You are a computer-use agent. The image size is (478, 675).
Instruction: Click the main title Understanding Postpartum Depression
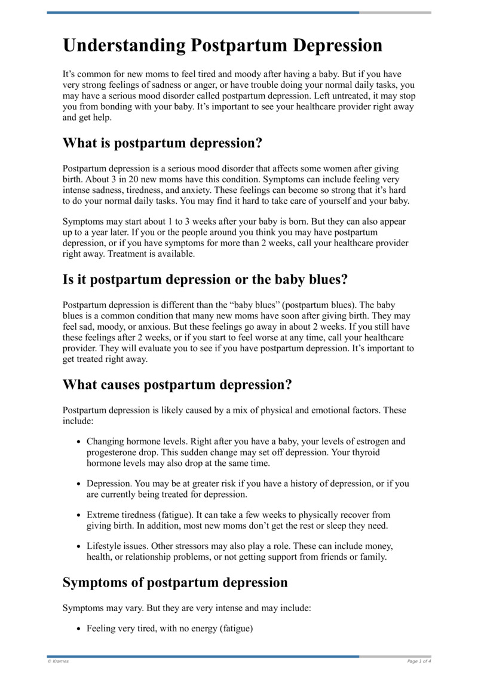coord(222,46)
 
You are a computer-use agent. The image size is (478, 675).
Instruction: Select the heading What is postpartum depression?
coord(163,143)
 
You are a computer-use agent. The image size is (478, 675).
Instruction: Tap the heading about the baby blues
coord(205,279)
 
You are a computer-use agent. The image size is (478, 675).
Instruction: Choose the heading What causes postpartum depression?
coord(177,385)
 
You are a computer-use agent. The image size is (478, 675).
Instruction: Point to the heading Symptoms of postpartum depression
coord(175,582)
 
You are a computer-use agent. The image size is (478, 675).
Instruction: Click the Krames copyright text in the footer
coord(58,661)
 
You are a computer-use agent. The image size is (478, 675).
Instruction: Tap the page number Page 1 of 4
coord(419,661)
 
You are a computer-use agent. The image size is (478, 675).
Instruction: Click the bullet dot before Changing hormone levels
coord(79,442)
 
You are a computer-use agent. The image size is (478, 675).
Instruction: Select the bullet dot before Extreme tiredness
coord(79,515)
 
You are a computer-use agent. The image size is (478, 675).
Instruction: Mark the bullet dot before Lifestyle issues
coord(79,547)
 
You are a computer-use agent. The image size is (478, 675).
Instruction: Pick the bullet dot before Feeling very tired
coord(79,629)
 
